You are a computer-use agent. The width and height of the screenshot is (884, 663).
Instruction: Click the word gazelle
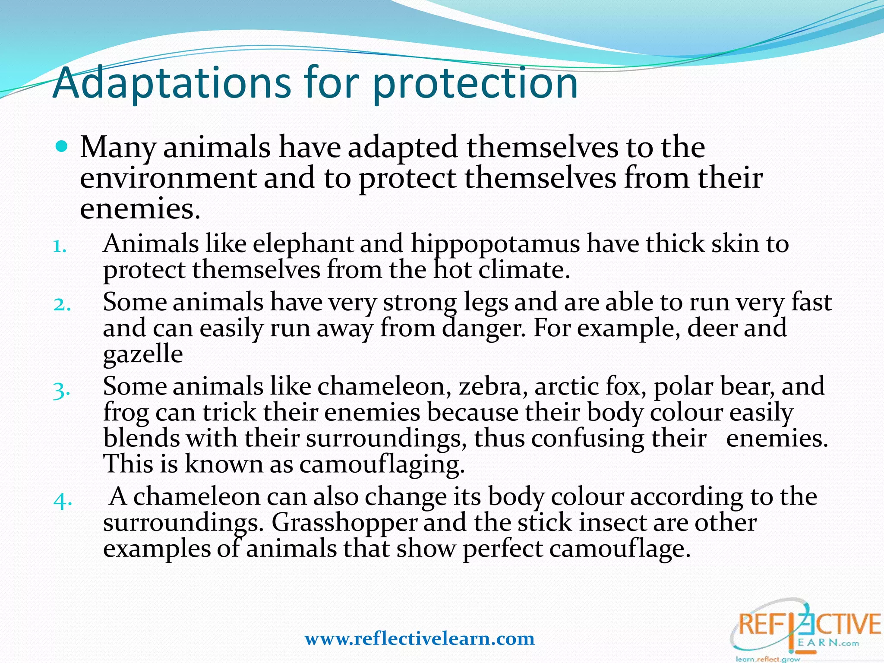(x=143, y=355)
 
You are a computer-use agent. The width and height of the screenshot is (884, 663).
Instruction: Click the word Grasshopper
(x=344, y=524)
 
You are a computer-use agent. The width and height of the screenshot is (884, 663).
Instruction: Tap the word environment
(x=168, y=179)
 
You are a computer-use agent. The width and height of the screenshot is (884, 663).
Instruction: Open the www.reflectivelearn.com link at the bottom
(x=420, y=639)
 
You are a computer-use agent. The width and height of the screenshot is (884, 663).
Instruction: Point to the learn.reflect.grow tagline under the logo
(x=767, y=659)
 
